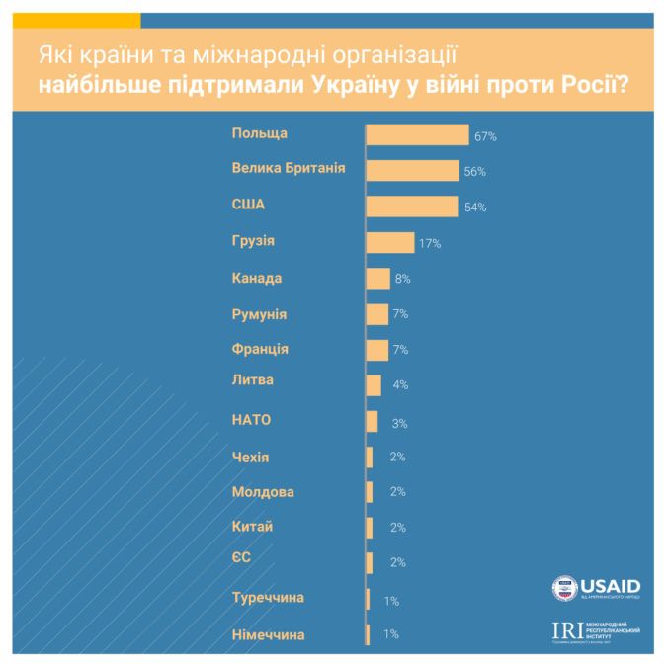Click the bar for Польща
[417, 135]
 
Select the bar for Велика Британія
[412, 171]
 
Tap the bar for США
[411, 207]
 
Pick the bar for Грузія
[389, 243]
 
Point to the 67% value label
[484, 136]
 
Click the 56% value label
[475, 172]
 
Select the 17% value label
[429, 243]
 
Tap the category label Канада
[257, 278]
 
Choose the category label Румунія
[259, 313]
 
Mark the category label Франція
[260, 349]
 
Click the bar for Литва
[374, 385]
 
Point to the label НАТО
[251, 420]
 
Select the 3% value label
[399, 422]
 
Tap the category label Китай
[251, 527]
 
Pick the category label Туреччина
[268, 598]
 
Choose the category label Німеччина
[269, 633]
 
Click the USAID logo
[596, 588]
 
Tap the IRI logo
[596, 631]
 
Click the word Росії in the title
[590, 85]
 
